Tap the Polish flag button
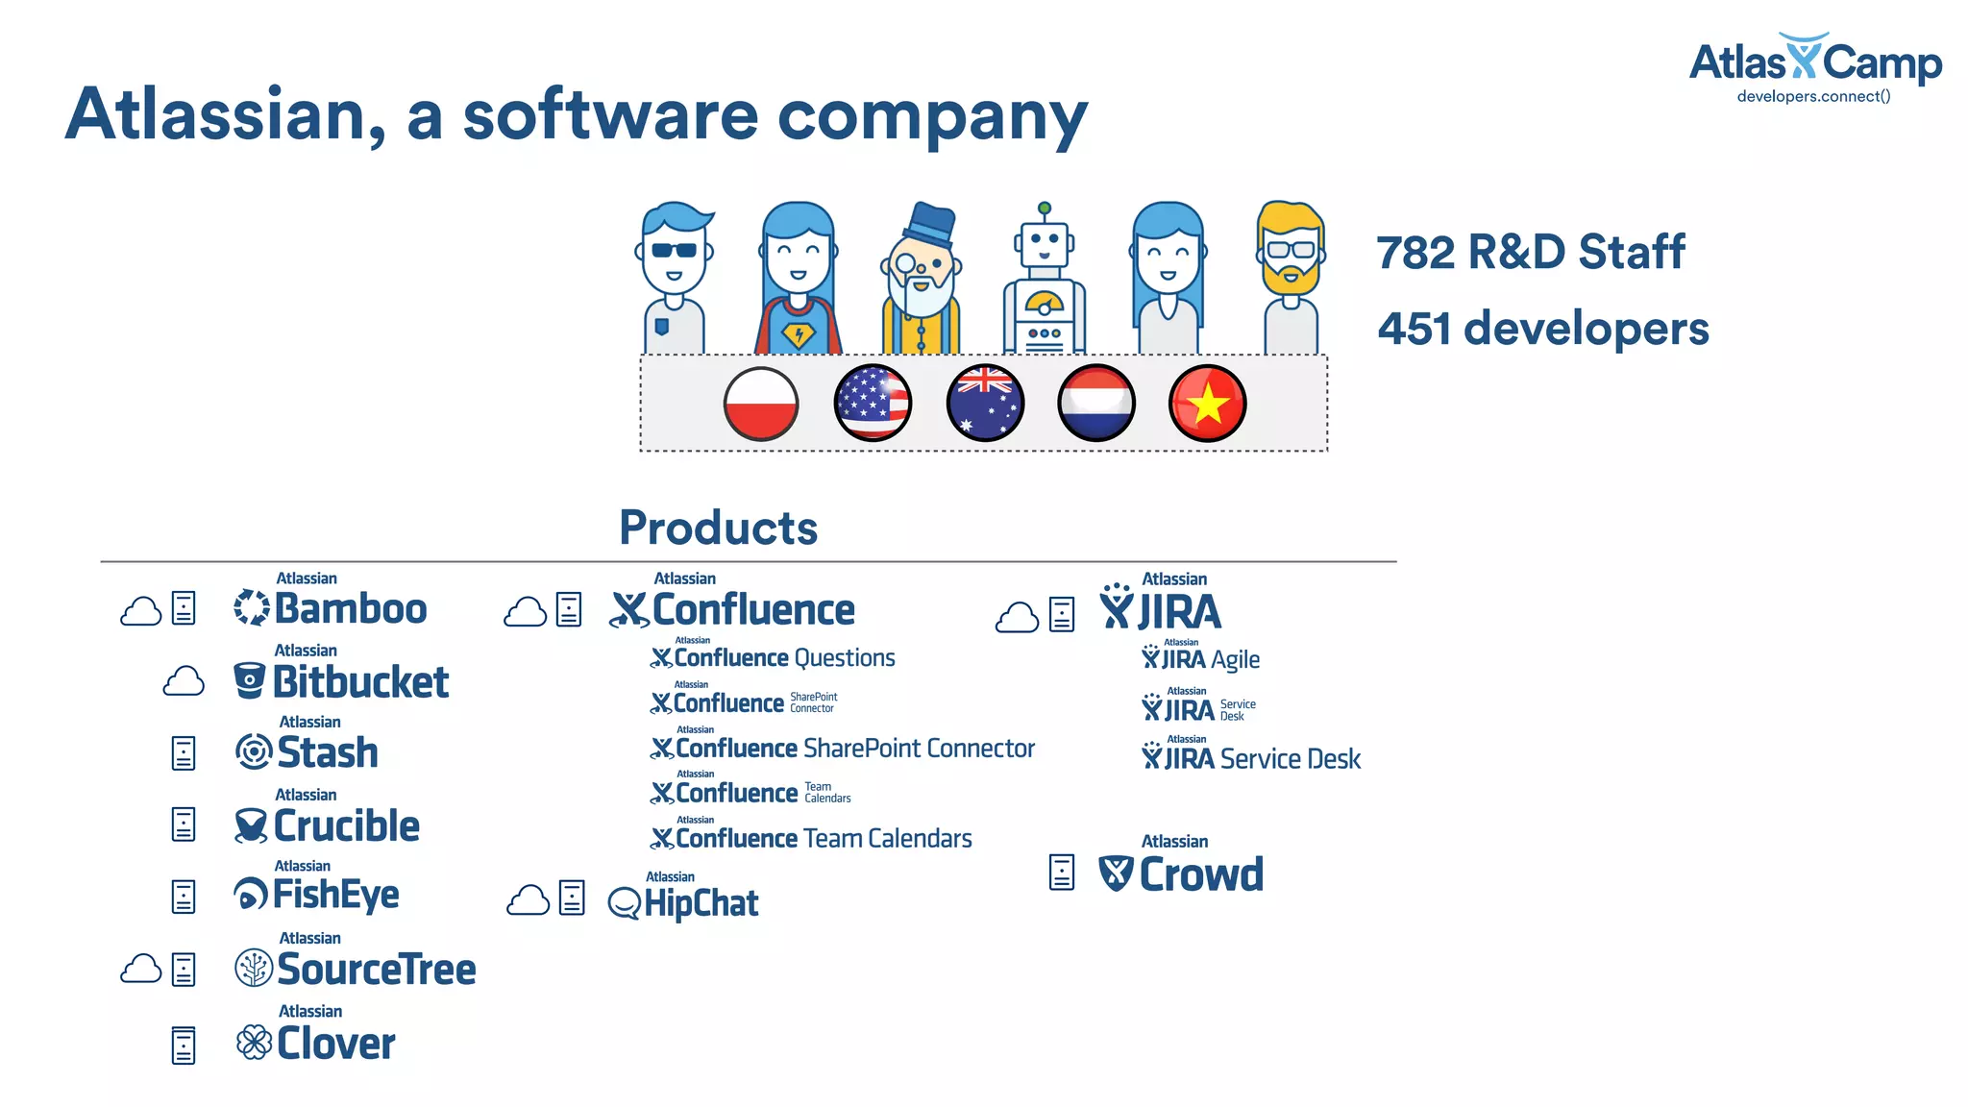[761, 404]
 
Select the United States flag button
[873, 404]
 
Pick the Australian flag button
[985, 404]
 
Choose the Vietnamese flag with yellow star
[1208, 404]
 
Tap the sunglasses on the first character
[674, 250]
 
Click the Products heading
[718, 528]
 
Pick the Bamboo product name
[350, 609]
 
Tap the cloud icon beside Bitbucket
[184, 682]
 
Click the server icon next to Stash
[184, 753]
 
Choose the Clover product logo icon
[254, 1043]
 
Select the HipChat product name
[701, 903]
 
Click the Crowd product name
[1200, 874]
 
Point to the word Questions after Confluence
[845, 658]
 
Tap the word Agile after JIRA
[1235, 660]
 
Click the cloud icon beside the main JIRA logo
[1017, 617]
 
